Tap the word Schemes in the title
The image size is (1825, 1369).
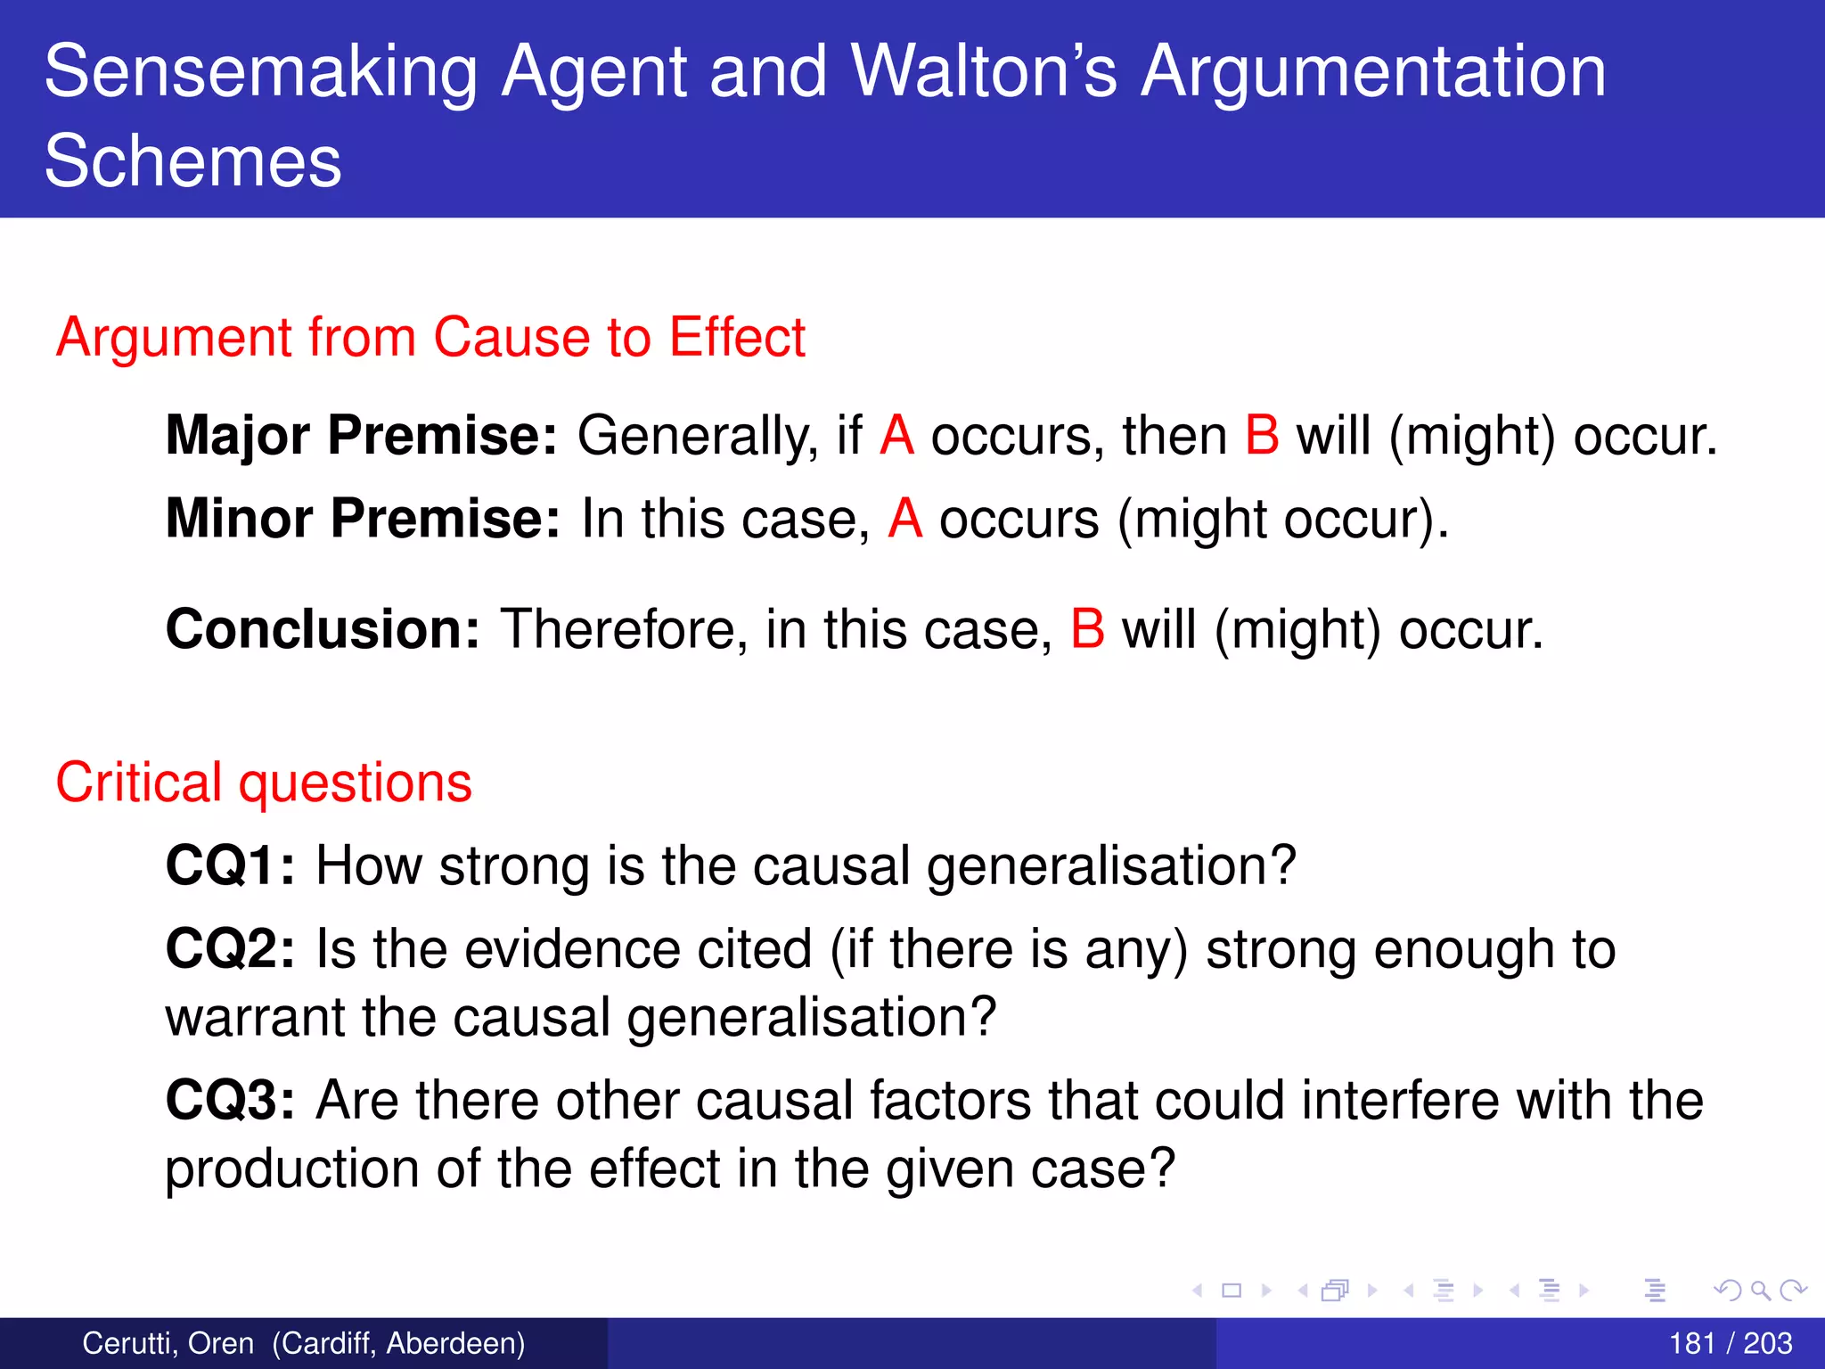192,160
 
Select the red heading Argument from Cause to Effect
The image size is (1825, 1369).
430,337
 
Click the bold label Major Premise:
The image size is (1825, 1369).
362,435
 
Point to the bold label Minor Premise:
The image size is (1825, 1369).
363,518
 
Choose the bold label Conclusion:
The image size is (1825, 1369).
323,629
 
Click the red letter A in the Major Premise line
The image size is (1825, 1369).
896,435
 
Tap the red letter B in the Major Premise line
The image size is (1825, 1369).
1262,435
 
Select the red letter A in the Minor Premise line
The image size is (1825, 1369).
904,518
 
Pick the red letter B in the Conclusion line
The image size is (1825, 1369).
1087,629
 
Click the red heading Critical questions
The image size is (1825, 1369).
264,783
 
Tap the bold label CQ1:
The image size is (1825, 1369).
230,865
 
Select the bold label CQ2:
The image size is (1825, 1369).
230,948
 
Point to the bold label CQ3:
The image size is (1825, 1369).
230,1100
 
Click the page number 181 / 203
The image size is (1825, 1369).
1730,1343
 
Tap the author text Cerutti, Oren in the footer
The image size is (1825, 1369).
168,1343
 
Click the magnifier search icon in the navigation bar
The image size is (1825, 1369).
1760,1290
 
